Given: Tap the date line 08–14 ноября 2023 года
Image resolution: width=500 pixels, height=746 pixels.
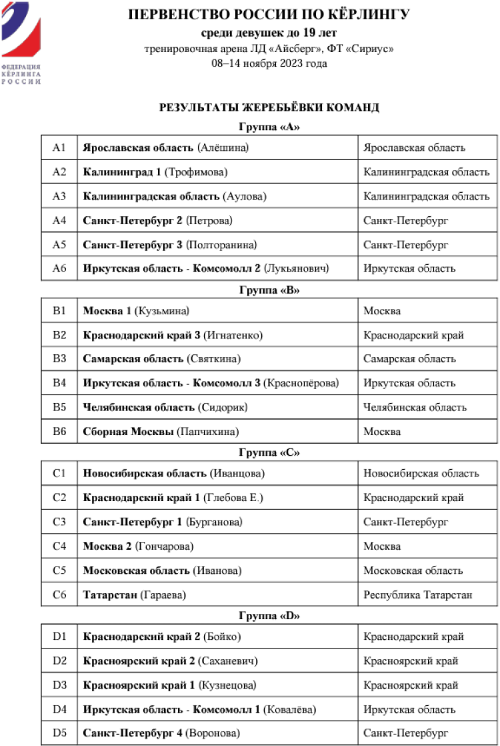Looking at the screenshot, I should pos(269,63).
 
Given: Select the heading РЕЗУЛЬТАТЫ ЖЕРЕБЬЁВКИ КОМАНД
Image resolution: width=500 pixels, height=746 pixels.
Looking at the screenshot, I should pos(269,107).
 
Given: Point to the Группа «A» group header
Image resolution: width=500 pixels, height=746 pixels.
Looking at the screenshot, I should pos(269,127).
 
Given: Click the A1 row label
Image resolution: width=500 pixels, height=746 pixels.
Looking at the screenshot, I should pos(59,147).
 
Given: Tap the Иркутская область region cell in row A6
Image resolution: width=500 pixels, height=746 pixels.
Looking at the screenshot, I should pos(409,269).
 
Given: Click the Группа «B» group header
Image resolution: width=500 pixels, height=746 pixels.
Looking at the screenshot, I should pos(269,290).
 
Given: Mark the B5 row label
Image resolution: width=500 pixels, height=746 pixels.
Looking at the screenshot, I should pos(59,407).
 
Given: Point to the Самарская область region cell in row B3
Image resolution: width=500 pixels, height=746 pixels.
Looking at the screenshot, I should pos(409,359).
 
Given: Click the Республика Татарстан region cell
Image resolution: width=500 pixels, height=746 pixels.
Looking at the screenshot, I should pos(418,595).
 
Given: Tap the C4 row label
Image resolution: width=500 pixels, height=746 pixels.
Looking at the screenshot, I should pos(59,546).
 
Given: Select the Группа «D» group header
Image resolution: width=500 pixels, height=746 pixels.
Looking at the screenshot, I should pos(269,616).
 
